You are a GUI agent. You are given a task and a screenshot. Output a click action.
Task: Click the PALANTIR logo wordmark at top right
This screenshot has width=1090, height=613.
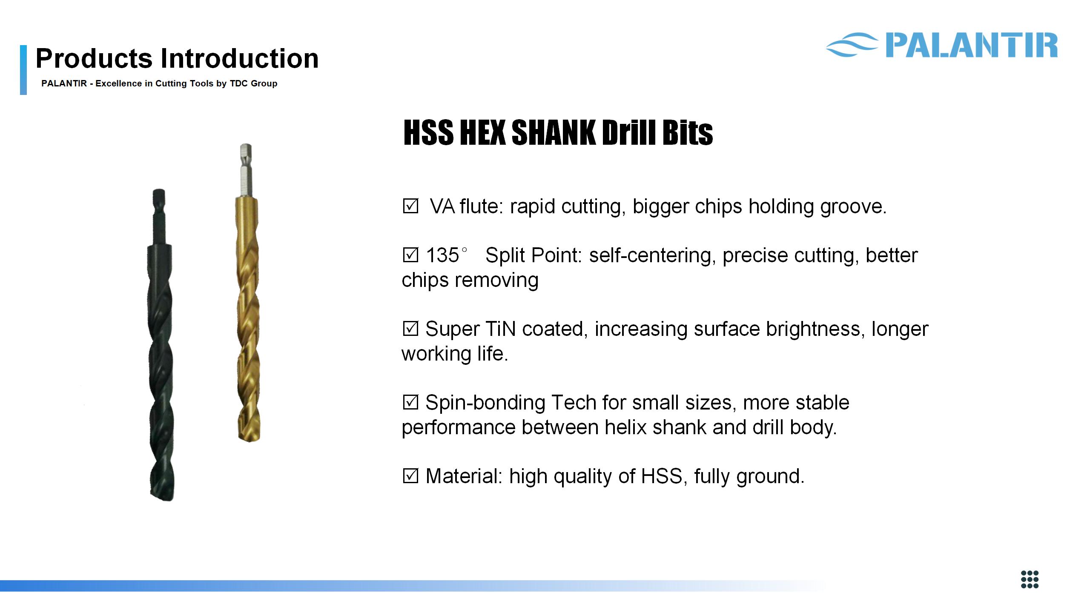[972, 45]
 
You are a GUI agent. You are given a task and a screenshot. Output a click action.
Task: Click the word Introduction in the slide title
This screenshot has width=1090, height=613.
[239, 58]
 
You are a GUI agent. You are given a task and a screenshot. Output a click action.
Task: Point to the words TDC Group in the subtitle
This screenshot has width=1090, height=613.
[253, 83]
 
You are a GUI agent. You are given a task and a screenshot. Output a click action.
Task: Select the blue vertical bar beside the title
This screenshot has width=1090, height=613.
[23, 70]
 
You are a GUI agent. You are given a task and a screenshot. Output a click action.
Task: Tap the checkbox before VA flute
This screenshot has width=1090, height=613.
[410, 206]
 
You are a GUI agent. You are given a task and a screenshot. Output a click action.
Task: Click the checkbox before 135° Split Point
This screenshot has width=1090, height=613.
[410, 255]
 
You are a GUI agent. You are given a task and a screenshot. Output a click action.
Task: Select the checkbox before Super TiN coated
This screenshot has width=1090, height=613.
[410, 329]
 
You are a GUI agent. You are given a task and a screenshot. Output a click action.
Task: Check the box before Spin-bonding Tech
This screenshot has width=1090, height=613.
[410, 403]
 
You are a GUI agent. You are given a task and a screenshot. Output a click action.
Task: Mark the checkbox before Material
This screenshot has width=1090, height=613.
[410, 476]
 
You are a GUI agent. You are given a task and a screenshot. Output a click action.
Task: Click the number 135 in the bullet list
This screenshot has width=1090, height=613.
[442, 255]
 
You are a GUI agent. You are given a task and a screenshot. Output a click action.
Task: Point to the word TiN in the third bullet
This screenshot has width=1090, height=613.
[501, 329]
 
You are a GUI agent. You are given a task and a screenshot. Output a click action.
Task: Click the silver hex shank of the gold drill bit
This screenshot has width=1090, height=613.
[246, 170]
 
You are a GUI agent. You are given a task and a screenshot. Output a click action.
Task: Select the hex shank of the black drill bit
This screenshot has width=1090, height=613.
[159, 217]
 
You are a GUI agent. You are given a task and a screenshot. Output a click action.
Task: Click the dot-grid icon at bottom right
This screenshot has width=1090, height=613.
[1030, 580]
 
